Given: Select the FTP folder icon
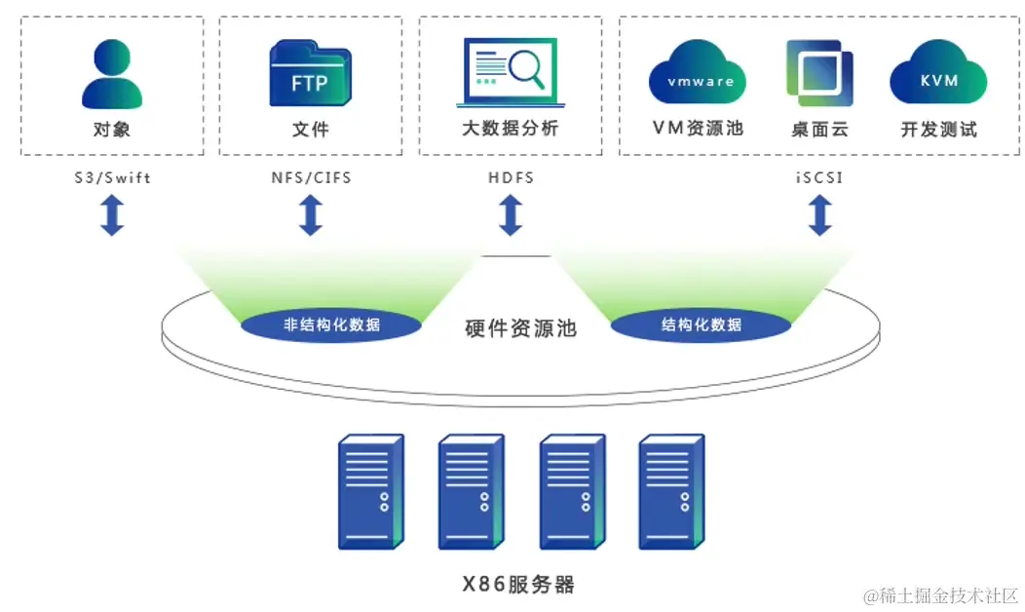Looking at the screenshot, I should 311,74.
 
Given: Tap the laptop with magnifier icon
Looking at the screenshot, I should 508,73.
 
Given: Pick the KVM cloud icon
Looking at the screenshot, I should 938,73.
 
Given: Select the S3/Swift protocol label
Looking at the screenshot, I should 112,178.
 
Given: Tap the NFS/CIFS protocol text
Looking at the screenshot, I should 311,178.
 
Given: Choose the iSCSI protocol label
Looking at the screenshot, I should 820,178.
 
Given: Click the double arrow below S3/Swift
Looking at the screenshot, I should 112,215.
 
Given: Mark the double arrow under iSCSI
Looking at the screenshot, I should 820,215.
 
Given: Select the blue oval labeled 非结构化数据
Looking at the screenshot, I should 331,325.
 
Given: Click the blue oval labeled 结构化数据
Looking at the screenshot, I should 702,325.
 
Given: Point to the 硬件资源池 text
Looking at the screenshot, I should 520,328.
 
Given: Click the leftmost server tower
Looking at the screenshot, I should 370,492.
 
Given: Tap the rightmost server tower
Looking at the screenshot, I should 671,492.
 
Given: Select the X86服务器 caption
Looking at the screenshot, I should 518,585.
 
